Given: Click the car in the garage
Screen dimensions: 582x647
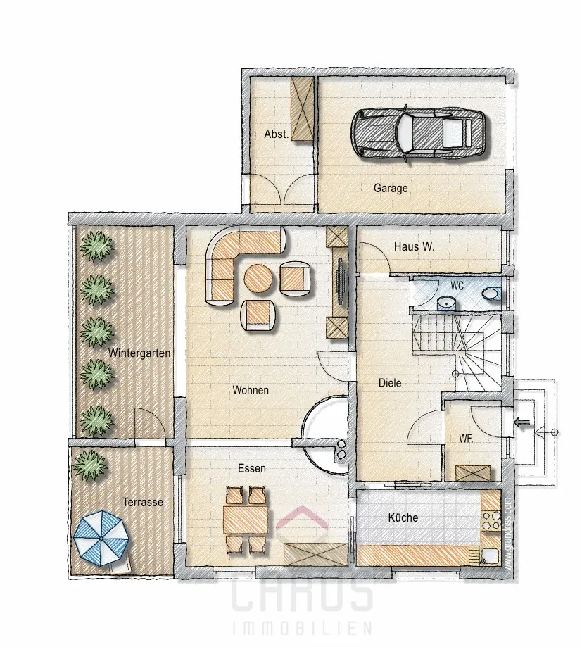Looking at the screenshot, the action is pyautogui.click(x=418, y=133).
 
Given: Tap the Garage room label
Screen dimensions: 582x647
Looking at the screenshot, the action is pyautogui.click(x=391, y=188).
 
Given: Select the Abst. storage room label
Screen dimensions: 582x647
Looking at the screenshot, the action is pyautogui.click(x=277, y=134).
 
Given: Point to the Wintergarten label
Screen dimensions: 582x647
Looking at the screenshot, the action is pyautogui.click(x=139, y=353).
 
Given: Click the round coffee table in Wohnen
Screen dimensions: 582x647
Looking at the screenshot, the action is pyautogui.click(x=258, y=279).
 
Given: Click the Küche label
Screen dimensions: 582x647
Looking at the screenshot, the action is pyautogui.click(x=403, y=517).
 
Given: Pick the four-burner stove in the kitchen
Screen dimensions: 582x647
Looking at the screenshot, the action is pyautogui.click(x=491, y=521).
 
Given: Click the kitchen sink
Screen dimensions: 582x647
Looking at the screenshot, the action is pyautogui.click(x=490, y=555).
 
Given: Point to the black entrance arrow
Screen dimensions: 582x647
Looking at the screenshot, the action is pyautogui.click(x=523, y=422).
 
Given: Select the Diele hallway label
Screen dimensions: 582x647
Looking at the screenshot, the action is pyautogui.click(x=390, y=383).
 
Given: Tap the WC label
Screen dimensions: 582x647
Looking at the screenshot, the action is pyautogui.click(x=457, y=286).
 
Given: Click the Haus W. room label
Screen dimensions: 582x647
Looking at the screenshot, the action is pyautogui.click(x=414, y=246).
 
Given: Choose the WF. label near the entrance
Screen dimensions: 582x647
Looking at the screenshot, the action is pyautogui.click(x=466, y=438).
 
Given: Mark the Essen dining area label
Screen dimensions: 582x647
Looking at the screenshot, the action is pyautogui.click(x=252, y=468).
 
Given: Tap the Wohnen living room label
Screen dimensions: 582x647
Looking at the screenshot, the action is pyautogui.click(x=251, y=390).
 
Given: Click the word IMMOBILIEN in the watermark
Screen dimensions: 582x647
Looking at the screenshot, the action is pyautogui.click(x=303, y=629).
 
